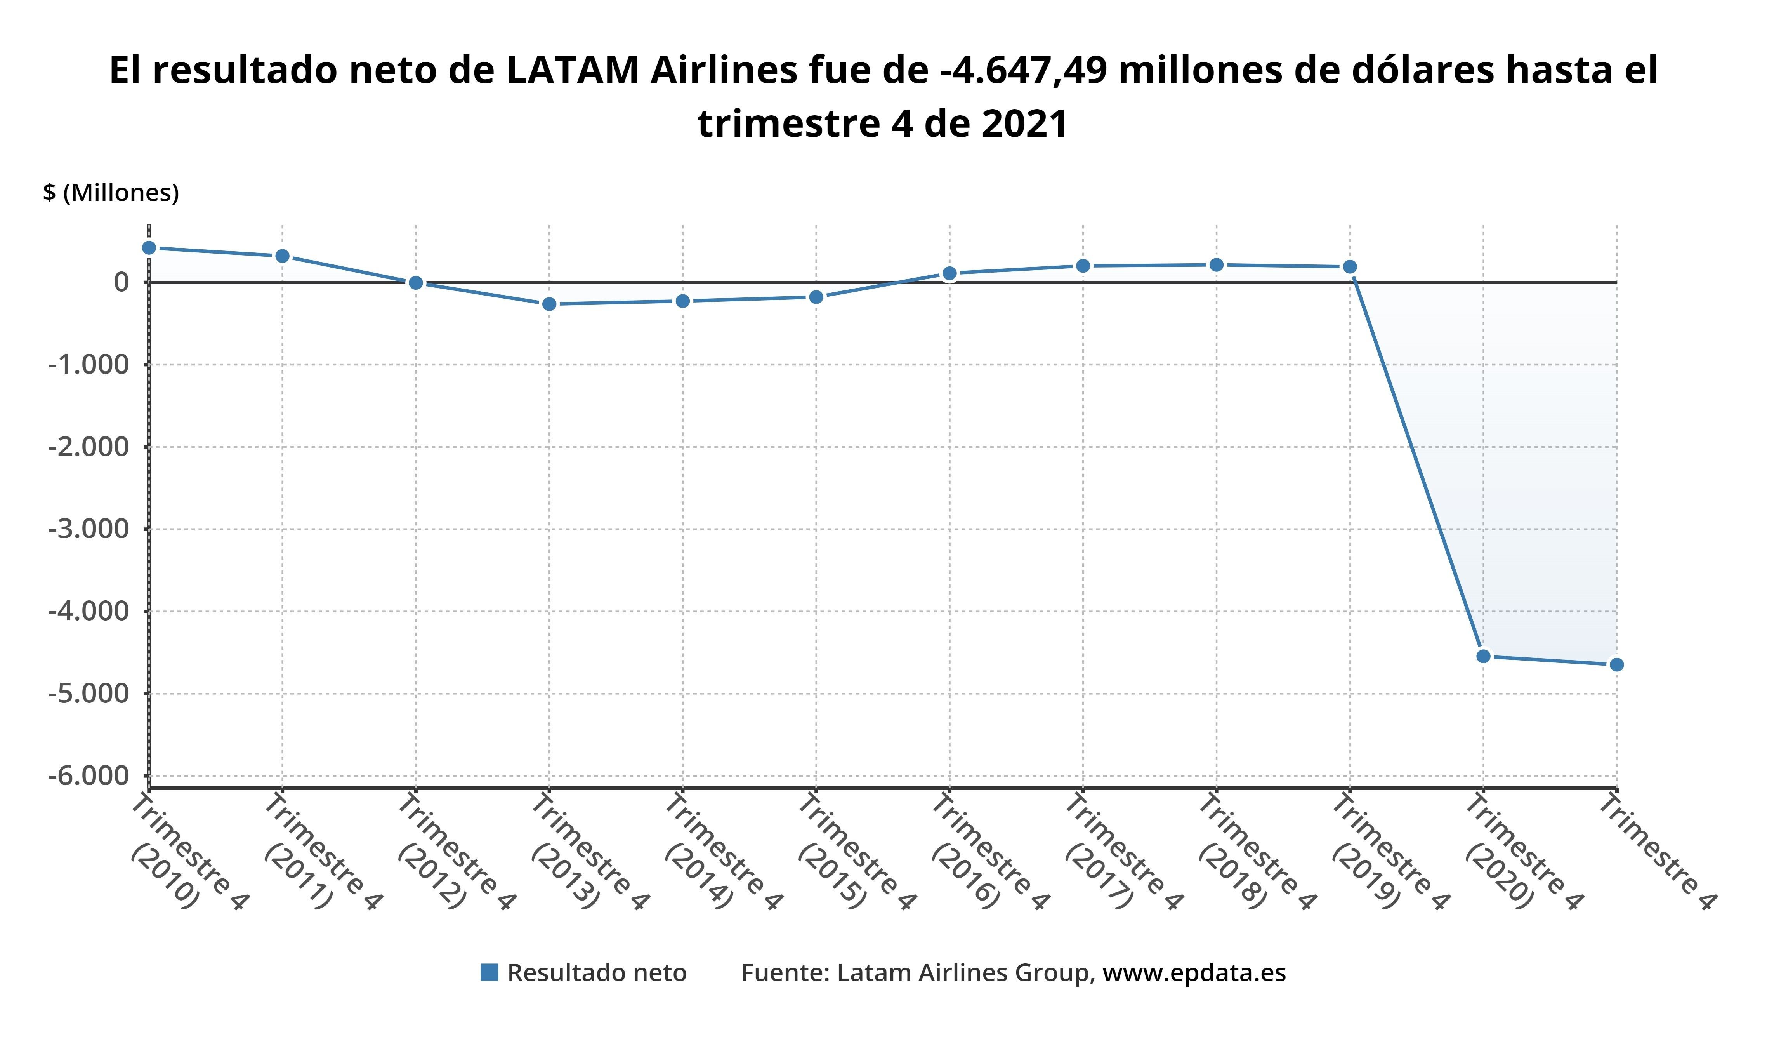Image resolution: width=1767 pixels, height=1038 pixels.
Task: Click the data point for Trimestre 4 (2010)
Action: pos(149,248)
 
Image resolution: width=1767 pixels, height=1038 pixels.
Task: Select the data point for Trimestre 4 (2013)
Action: pos(549,304)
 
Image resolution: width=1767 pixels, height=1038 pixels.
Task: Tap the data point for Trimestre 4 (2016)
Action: pos(949,273)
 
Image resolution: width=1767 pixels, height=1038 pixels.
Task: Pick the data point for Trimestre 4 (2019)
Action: pos(1350,266)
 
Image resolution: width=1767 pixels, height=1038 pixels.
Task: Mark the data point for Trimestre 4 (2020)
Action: pos(1483,656)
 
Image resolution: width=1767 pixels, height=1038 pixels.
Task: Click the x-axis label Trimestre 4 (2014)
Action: pos(722,852)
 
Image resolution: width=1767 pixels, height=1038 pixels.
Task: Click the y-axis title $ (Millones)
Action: pos(111,192)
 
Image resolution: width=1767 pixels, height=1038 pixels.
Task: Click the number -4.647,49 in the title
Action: pos(1024,71)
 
